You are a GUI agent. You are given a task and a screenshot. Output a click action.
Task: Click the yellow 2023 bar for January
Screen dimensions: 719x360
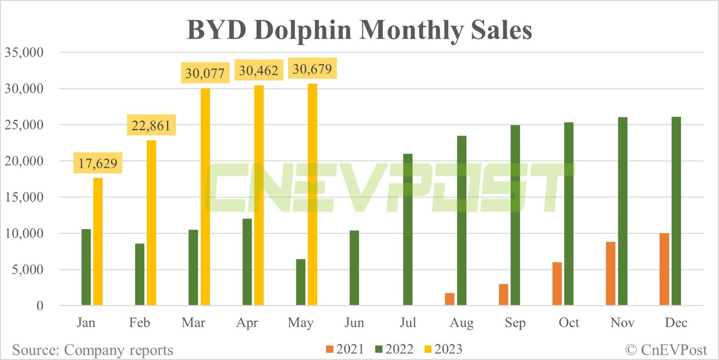(x=98, y=242)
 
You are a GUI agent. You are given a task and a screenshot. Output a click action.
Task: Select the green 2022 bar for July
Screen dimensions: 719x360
(x=408, y=229)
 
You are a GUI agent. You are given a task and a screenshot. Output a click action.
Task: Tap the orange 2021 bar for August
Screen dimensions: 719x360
(x=450, y=299)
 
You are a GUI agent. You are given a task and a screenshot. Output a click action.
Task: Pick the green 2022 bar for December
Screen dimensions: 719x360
(x=676, y=211)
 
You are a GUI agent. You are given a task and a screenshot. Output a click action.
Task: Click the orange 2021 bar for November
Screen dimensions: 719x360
(x=611, y=273)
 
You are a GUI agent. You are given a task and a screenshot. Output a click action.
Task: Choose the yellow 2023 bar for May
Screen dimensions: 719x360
(x=313, y=194)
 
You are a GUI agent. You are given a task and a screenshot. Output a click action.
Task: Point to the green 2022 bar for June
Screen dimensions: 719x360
(x=354, y=268)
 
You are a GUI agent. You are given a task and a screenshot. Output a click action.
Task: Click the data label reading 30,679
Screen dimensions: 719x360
(x=313, y=69)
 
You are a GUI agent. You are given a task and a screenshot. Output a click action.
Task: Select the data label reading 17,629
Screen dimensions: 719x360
(x=98, y=163)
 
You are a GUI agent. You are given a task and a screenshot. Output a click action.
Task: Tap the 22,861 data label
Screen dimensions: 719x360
(x=151, y=125)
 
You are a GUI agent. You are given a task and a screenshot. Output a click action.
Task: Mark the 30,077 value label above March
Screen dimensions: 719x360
(x=205, y=73)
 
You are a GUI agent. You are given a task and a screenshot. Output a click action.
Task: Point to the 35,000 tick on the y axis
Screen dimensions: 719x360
(x=24, y=52)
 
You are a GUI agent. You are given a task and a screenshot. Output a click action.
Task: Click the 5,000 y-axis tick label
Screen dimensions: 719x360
(x=28, y=270)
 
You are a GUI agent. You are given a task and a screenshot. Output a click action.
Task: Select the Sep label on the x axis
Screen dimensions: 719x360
(x=515, y=323)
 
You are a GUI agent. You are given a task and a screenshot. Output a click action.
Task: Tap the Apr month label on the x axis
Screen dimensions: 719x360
(x=247, y=323)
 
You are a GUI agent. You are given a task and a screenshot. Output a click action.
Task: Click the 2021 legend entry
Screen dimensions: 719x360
(x=345, y=349)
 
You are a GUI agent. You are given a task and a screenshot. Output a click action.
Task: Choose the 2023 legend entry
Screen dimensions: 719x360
(x=443, y=349)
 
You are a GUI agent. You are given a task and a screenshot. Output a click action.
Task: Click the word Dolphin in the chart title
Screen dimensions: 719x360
(x=302, y=31)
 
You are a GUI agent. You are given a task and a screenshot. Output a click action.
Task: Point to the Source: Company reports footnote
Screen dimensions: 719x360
(x=93, y=350)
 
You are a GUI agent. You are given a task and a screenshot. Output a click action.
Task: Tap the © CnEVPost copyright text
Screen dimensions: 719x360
(x=666, y=350)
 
